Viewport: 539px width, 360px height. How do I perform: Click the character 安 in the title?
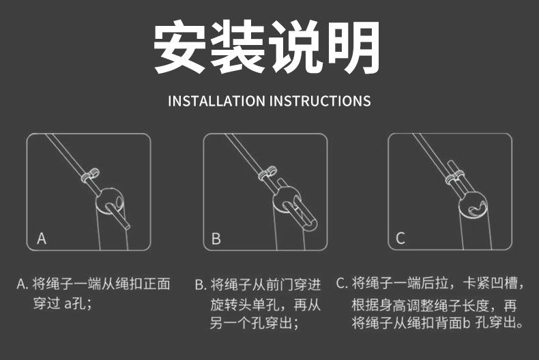pos(180,46)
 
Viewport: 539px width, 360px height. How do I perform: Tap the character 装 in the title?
pos(238,46)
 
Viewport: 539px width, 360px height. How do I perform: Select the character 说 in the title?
pos(295,46)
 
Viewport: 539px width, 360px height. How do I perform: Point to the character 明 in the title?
pos(354,46)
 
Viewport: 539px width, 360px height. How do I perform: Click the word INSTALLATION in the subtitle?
pos(216,101)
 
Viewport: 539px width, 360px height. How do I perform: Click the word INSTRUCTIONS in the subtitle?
pos(321,101)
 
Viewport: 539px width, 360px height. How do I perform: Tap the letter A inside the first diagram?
pos(42,238)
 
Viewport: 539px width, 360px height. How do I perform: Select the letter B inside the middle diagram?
pos(216,239)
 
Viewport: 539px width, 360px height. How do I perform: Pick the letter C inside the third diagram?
pos(400,238)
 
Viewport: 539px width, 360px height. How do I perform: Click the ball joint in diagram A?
pos(109,202)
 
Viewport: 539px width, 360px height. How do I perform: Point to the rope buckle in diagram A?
pos(90,175)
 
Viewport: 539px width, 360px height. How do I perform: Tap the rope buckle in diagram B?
pos(267,173)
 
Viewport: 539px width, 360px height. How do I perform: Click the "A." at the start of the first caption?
pos(23,284)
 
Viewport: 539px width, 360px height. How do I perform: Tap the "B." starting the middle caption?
pos(201,285)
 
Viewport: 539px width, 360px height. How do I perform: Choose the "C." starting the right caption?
pos(343,284)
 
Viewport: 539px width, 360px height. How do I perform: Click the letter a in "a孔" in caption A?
pos(68,303)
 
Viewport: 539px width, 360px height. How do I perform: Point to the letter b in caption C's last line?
pos(467,322)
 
